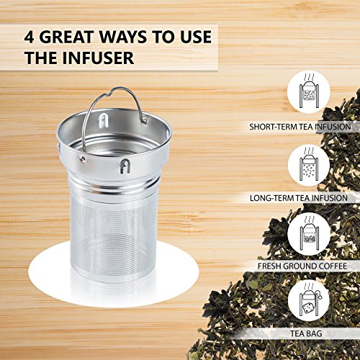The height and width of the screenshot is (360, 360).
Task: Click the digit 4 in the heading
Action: click(x=29, y=37)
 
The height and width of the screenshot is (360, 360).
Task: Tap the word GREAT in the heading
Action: click(x=66, y=37)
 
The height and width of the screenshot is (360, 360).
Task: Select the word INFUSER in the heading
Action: click(x=98, y=58)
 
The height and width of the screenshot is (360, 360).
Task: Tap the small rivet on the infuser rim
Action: click(x=83, y=158)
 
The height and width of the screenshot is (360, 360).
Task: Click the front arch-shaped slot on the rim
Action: click(x=125, y=166)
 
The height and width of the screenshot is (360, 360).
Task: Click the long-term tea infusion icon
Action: click(x=309, y=165)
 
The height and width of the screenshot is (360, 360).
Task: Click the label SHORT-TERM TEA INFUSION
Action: click(x=300, y=127)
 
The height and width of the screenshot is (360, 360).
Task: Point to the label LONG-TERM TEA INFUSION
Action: click(x=299, y=198)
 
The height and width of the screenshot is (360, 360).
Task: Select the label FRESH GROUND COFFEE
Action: click(x=302, y=266)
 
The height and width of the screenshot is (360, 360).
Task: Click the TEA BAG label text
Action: click(x=306, y=333)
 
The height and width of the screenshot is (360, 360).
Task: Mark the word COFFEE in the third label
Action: click(x=333, y=266)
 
